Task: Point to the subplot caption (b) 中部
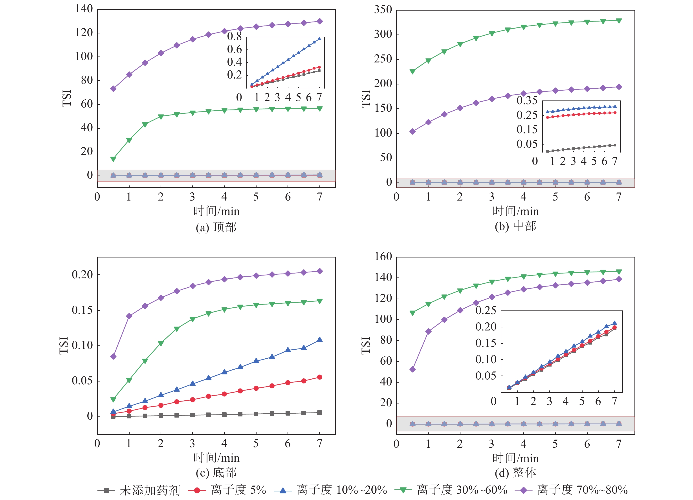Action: [x=515, y=226]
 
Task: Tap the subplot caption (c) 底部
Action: [x=216, y=473]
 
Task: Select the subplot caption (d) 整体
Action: [x=515, y=473]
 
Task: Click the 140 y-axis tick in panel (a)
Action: [x=84, y=9]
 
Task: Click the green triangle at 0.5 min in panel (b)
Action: [x=412, y=71]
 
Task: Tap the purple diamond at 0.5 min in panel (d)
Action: [x=412, y=369]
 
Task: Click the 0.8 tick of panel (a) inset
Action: [x=234, y=37]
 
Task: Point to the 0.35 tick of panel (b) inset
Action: [x=527, y=100]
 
